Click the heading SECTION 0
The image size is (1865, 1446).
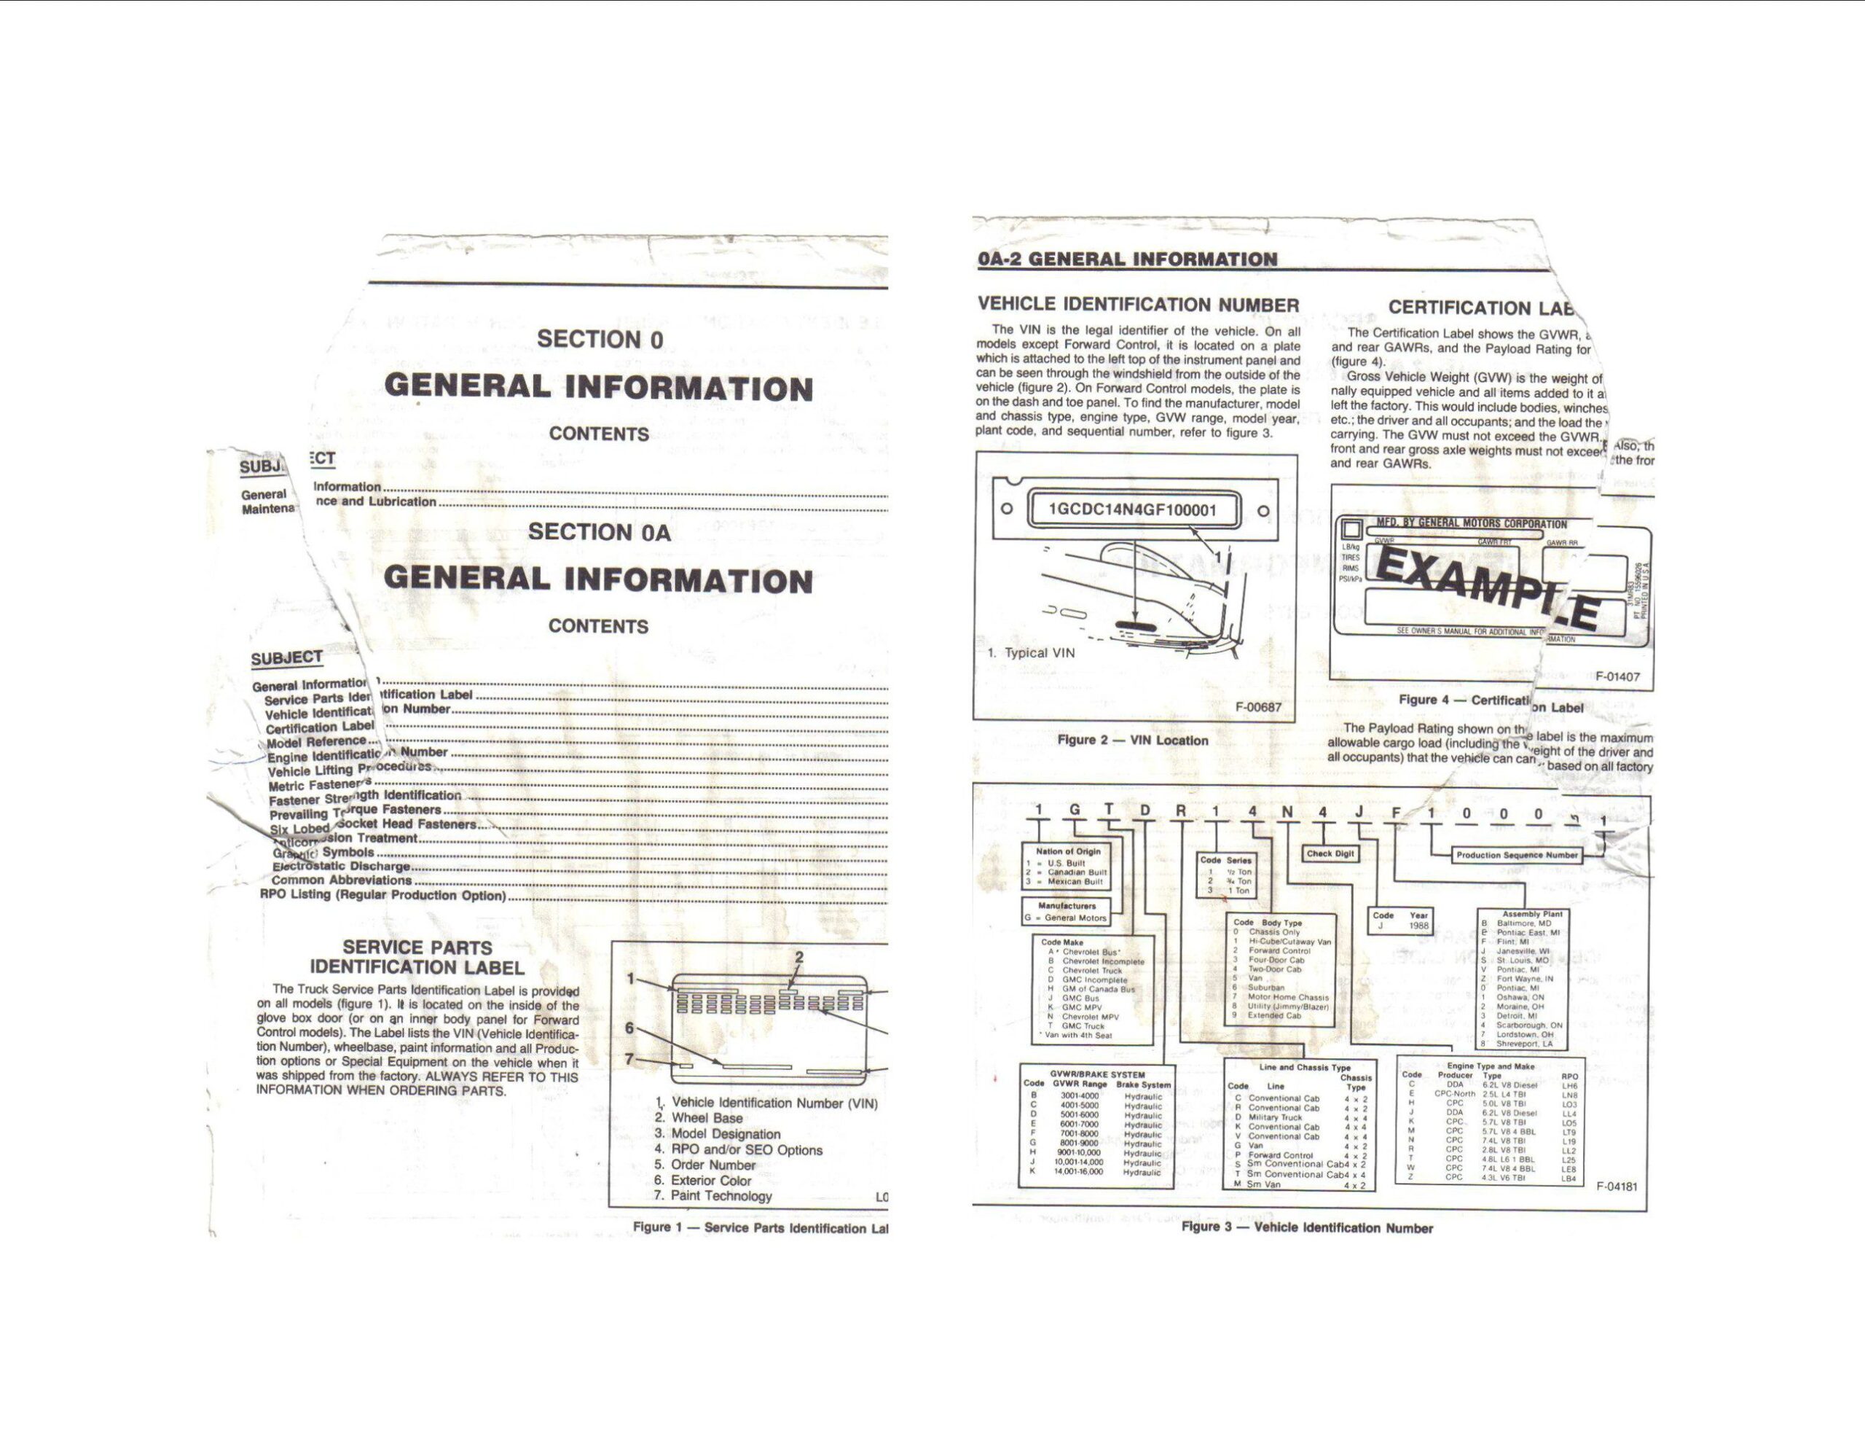pos(600,339)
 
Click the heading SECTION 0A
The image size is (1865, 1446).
pos(600,531)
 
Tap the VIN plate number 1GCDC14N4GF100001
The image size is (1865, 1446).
pos(1131,510)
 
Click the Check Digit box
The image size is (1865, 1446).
pos(1330,853)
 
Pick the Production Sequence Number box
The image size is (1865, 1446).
pos(1516,855)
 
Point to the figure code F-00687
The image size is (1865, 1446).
pos(1259,707)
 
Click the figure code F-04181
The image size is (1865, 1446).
pos(1617,1186)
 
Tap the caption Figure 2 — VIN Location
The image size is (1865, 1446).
pos(1132,740)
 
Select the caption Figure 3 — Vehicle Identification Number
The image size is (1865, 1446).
pos(1306,1227)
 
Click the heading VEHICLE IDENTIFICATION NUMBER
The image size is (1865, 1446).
pos(1138,305)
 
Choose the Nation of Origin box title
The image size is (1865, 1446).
pos(1068,851)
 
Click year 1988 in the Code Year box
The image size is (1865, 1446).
pos(1418,925)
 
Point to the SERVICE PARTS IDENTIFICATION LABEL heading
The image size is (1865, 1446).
pos(417,958)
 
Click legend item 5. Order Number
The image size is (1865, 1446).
pos(705,1165)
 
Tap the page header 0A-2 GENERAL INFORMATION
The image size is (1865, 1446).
pos(1127,259)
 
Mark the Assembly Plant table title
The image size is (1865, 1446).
pos(1532,913)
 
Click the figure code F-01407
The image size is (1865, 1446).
pos(1617,676)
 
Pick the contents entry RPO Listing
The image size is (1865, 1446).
pos(382,895)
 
